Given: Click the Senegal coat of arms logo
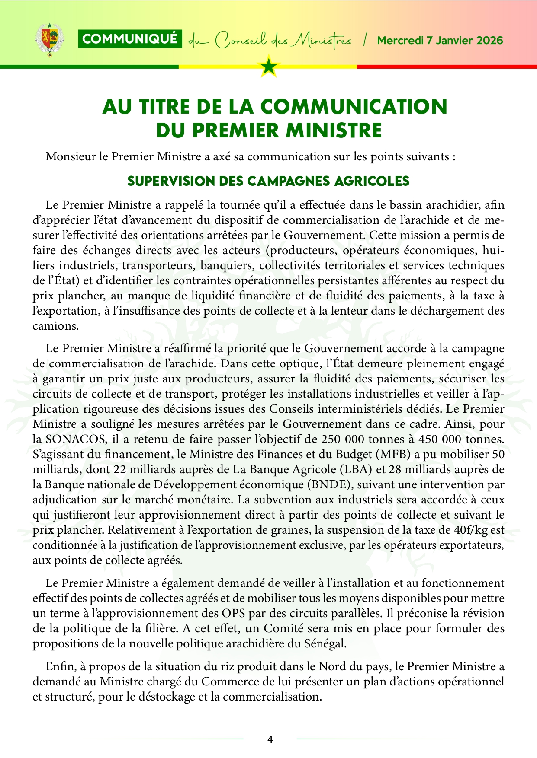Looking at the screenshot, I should pyautogui.click(x=49, y=40).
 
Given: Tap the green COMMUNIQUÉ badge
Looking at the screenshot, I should pyautogui.click(x=130, y=39).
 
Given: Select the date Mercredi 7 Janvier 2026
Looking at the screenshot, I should pyautogui.click(x=440, y=41).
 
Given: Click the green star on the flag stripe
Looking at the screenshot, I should pyautogui.click(x=269, y=67).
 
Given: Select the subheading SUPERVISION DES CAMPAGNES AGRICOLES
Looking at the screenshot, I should pyautogui.click(x=268, y=181).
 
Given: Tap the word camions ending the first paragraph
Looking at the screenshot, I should pyautogui.click(x=55, y=326).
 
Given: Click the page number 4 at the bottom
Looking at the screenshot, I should pyautogui.click(x=270, y=739).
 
